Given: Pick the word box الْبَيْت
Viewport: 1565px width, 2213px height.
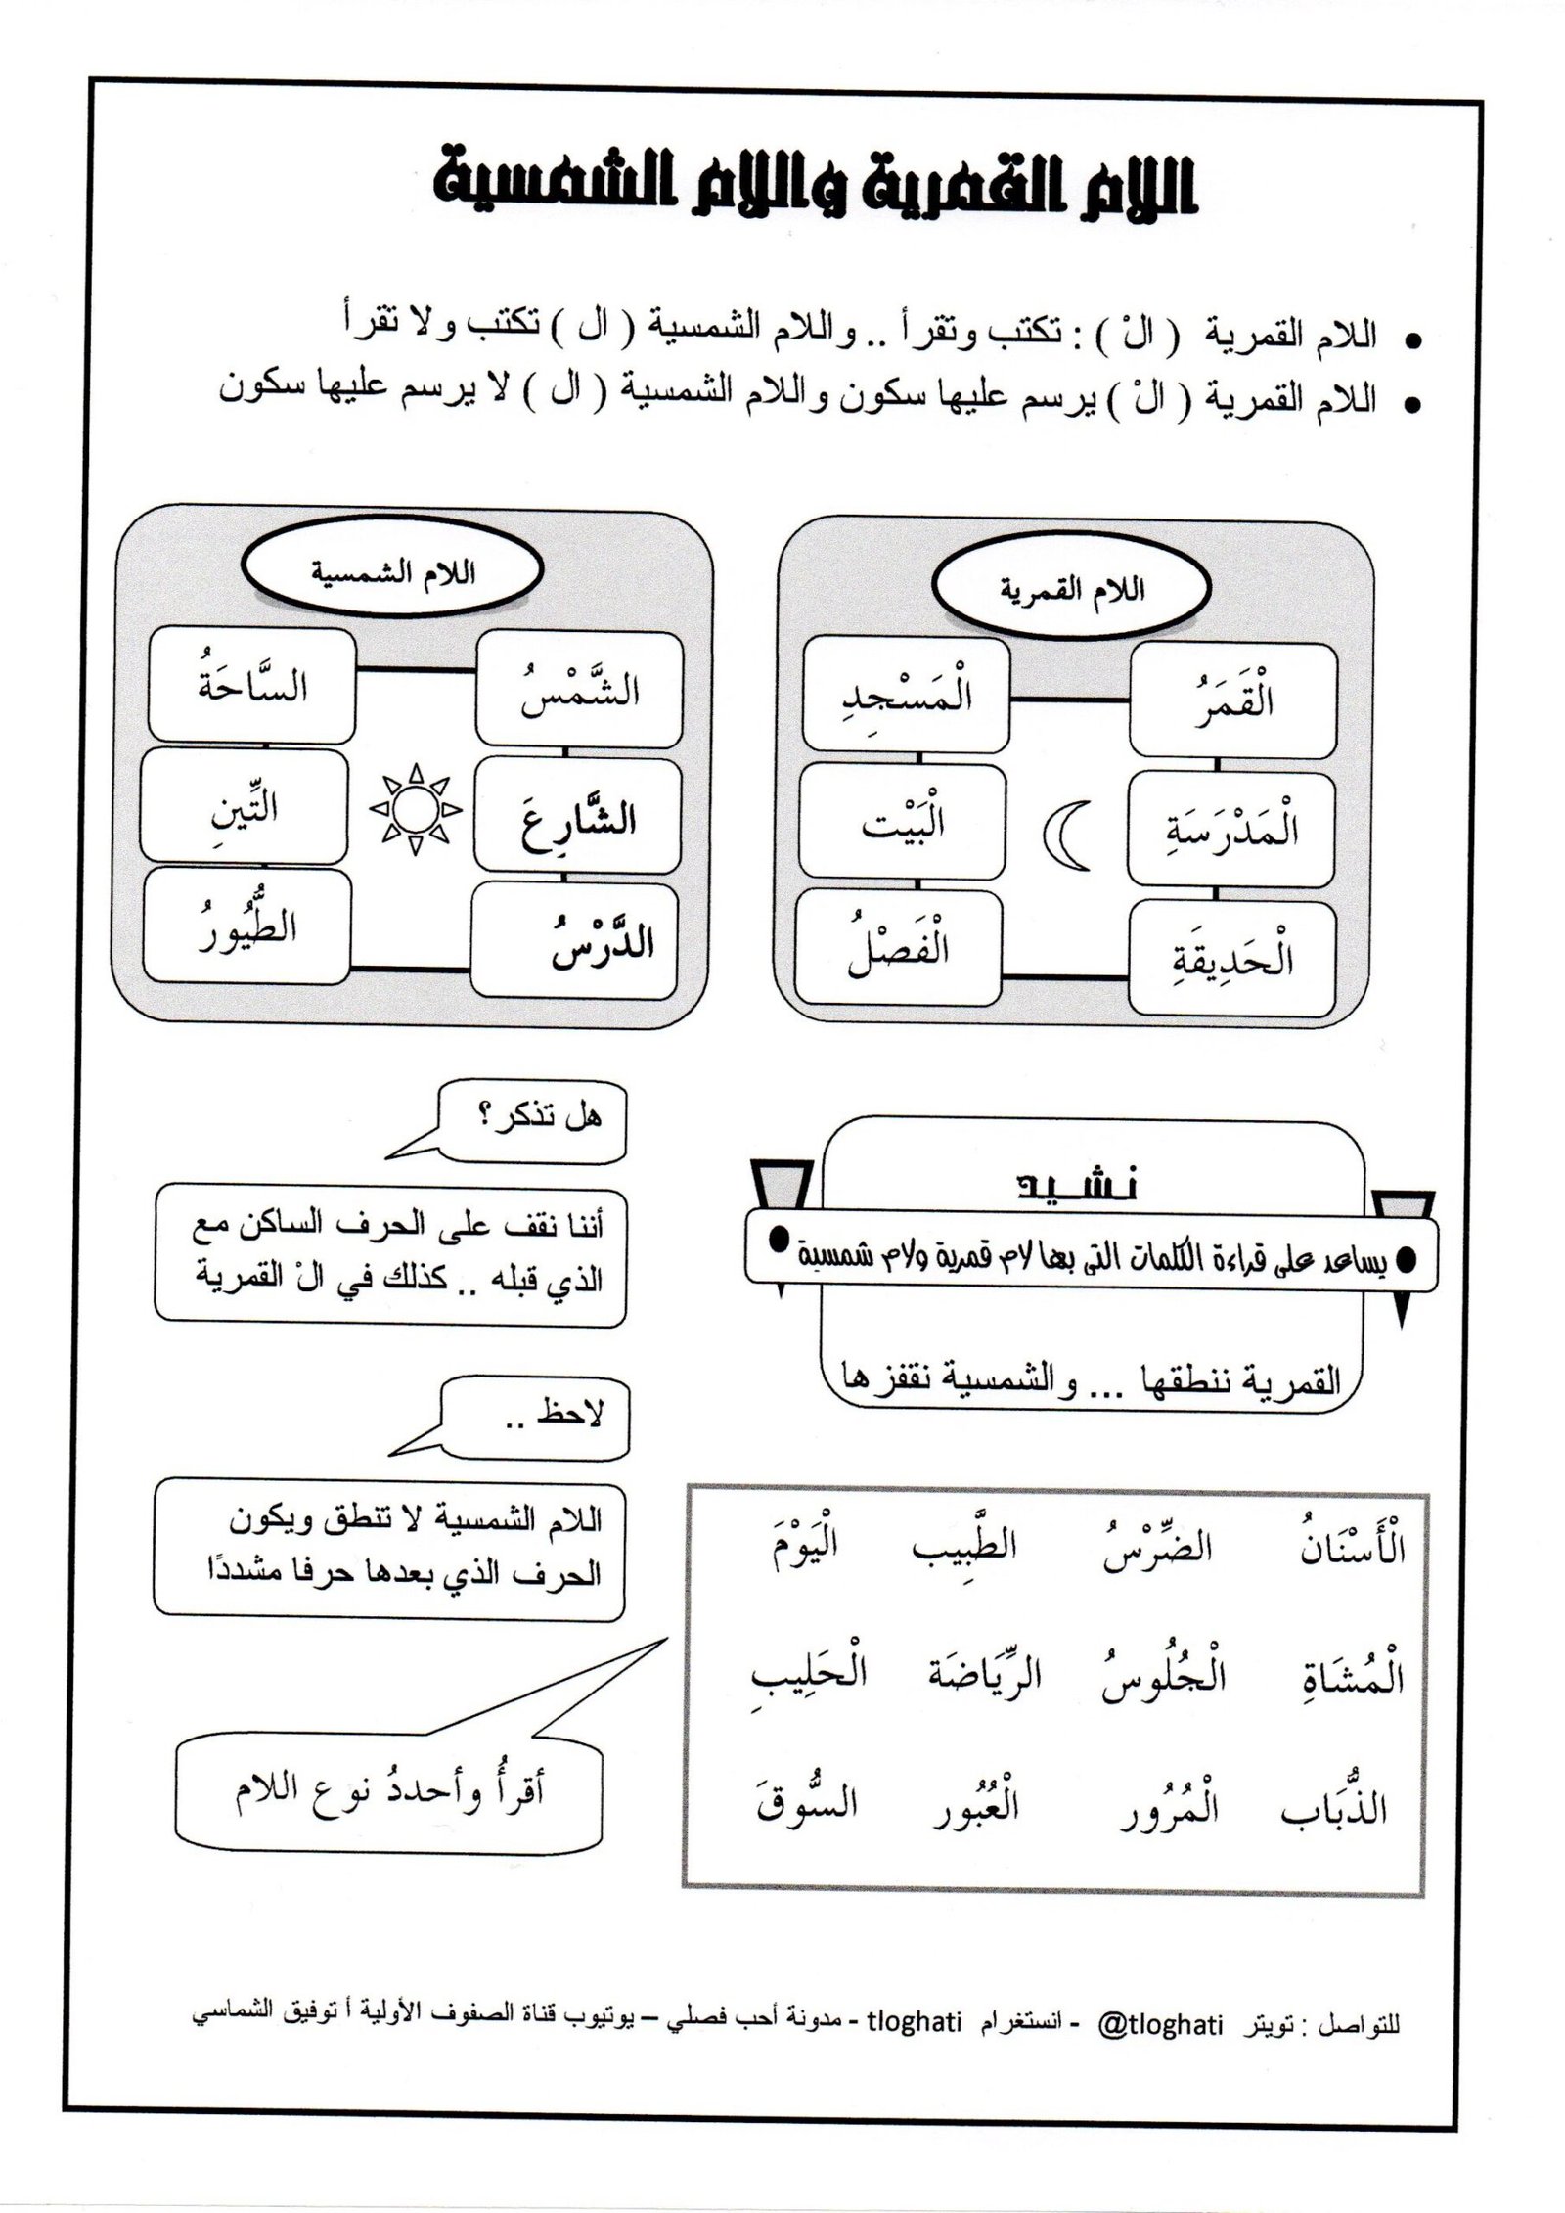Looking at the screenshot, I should point(902,820).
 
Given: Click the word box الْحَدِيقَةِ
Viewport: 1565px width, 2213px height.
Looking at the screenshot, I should point(1231,957).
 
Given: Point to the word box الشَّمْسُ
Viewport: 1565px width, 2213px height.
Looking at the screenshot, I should point(578,688).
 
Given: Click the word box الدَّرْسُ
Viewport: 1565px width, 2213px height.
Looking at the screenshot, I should point(574,940).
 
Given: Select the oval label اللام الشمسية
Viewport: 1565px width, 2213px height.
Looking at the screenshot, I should point(393,575).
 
